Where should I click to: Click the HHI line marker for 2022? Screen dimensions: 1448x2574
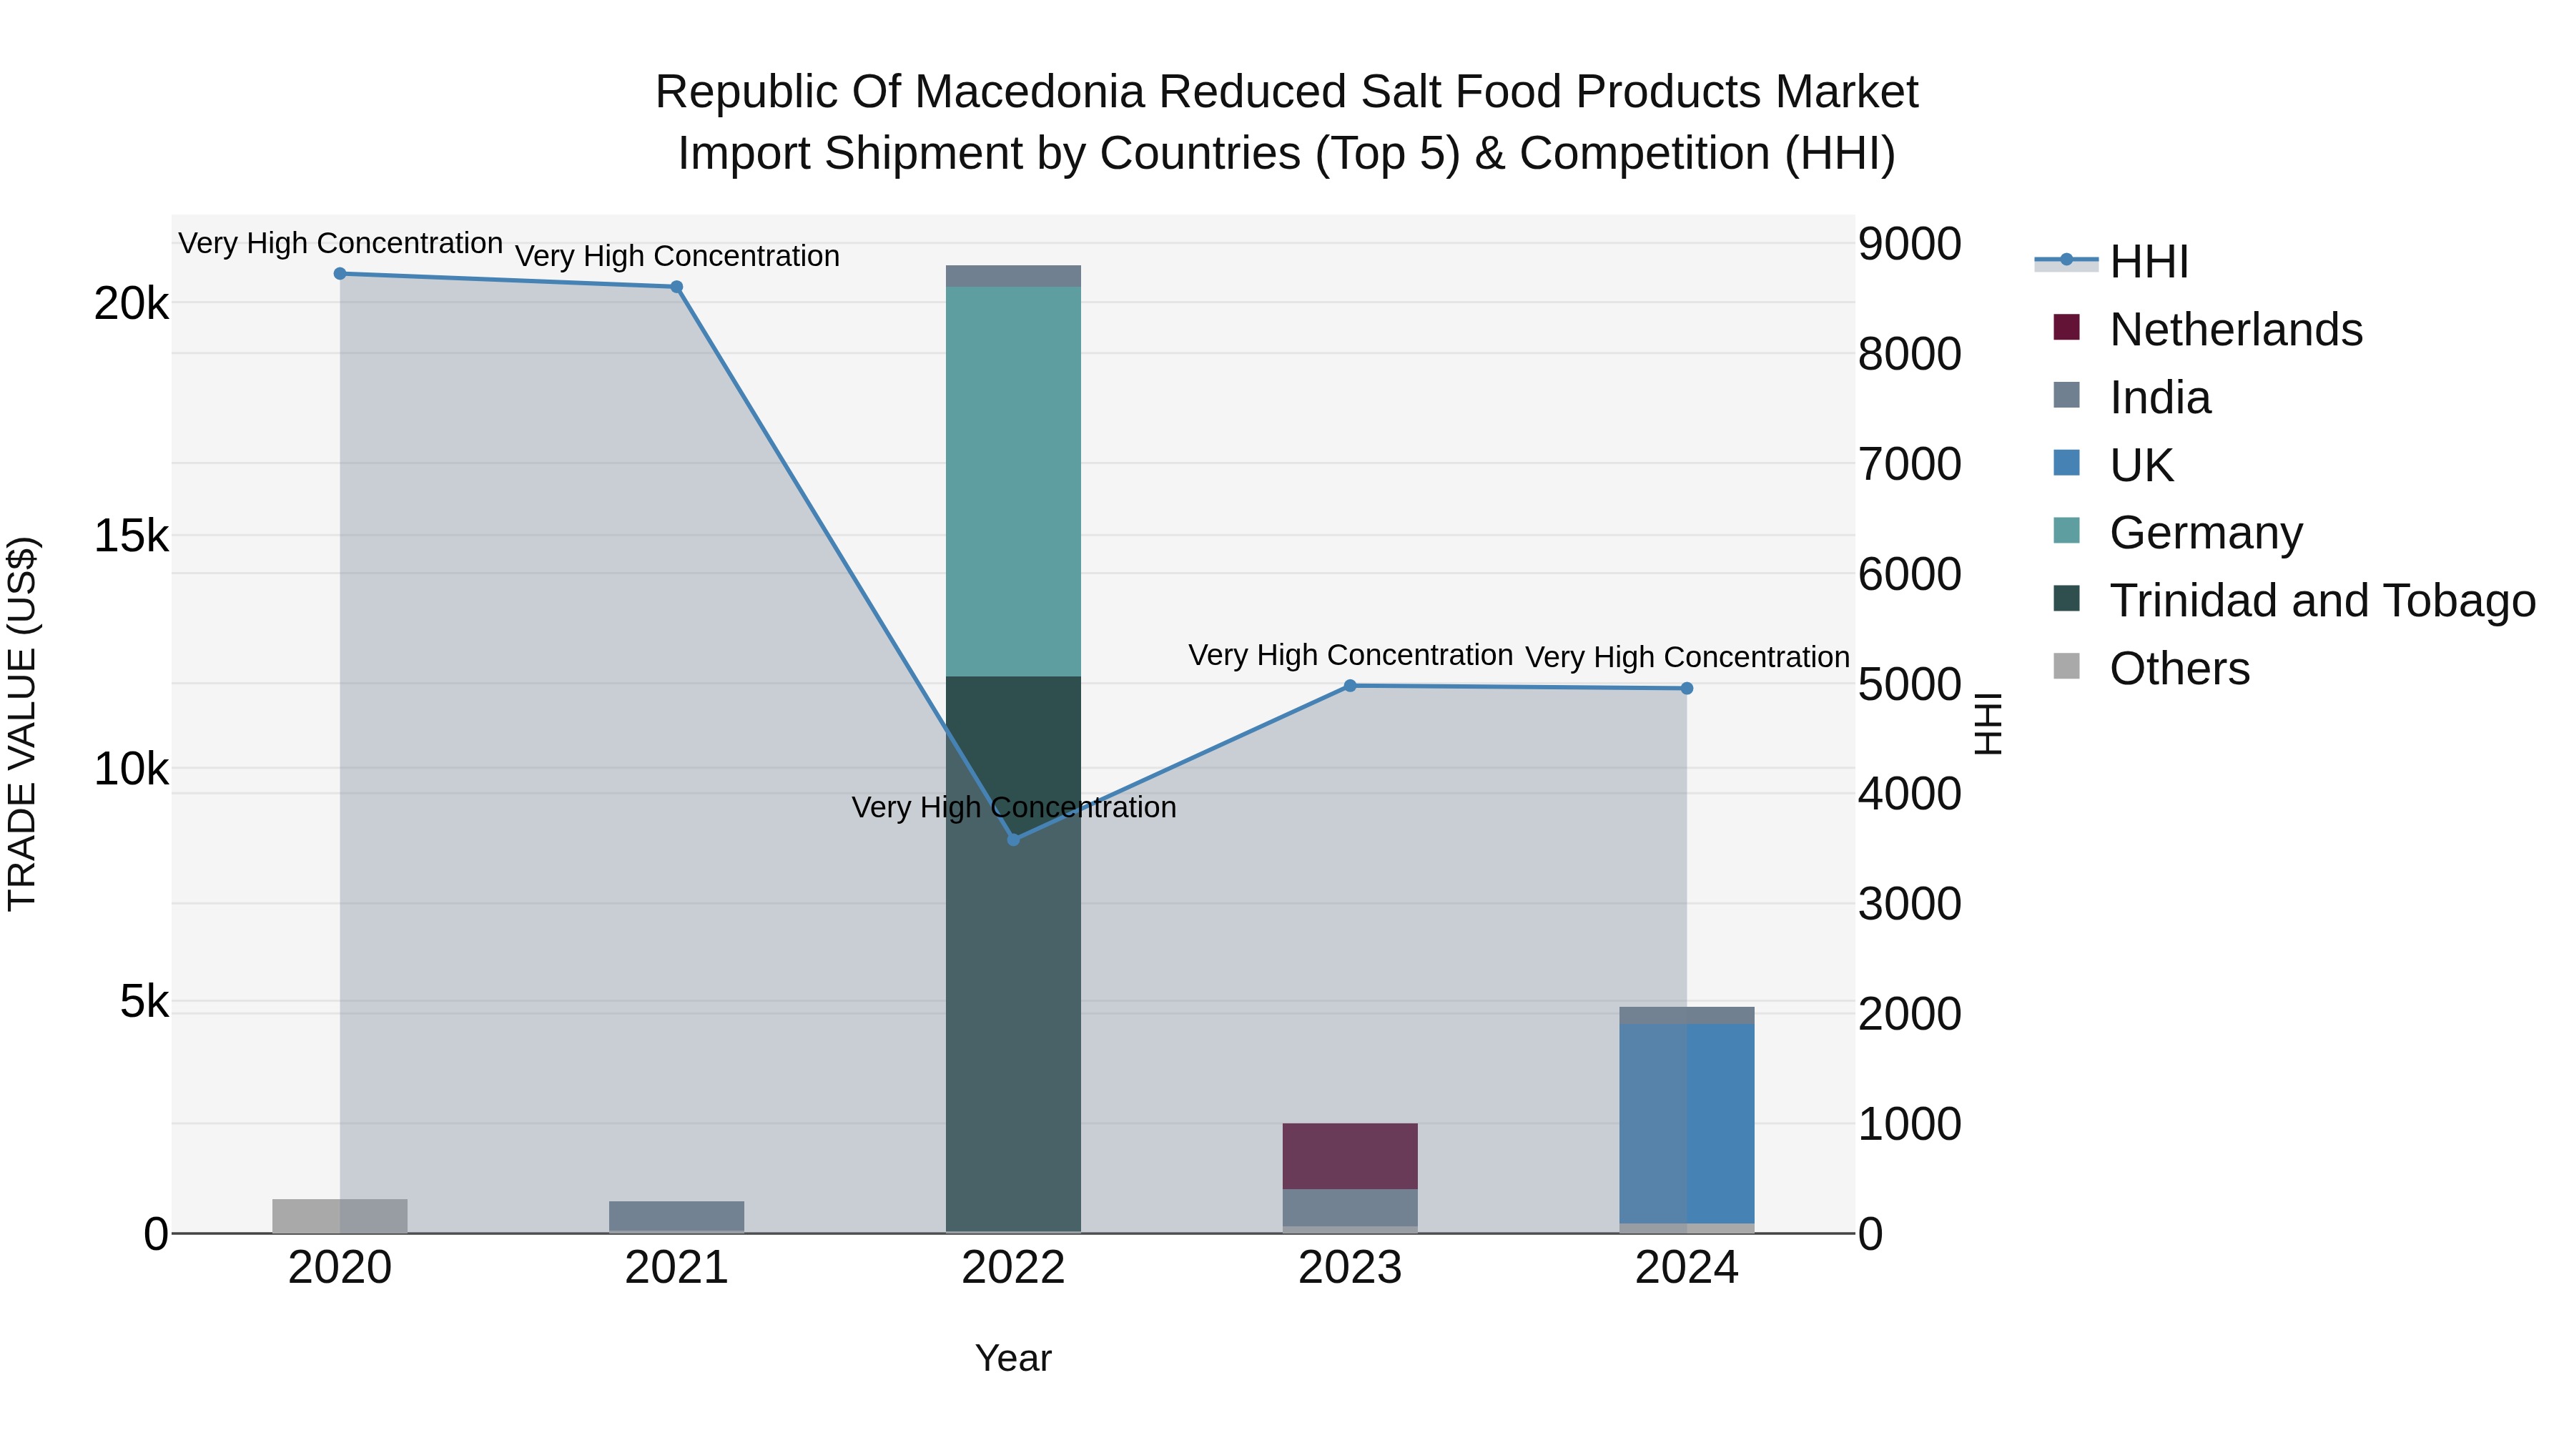(1013, 839)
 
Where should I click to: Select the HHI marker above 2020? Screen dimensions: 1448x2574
(340, 274)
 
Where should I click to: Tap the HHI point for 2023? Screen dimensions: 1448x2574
(1350, 686)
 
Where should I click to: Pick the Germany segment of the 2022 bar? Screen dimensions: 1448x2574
(1013, 480)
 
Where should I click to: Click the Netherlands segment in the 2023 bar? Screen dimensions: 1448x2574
(1350, 1156)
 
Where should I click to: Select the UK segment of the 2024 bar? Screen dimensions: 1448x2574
(1687, 1122)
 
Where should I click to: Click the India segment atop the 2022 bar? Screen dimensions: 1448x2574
(1013, 276)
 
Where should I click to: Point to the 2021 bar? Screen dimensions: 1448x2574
(676, 1216)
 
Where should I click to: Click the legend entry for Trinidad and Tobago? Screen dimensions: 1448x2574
(2321, 601)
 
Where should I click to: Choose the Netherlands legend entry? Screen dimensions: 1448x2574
(2235, 330)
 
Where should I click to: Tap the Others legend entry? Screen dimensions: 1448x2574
(2179, 669)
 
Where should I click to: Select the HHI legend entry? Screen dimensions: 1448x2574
(2149, 262)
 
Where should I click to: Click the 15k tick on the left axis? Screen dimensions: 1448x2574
(131, 536)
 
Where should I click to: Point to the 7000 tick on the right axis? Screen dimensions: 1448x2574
(1908, 465)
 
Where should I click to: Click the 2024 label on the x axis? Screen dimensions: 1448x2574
(1687, 1268)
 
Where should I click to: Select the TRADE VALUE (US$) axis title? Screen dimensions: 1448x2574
(22, 724)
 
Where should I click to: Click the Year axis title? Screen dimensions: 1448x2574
(1013, 1358)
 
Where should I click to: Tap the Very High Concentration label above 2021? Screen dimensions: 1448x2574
(676, 257)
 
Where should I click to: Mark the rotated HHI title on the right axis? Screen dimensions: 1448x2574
(1988, 724)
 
